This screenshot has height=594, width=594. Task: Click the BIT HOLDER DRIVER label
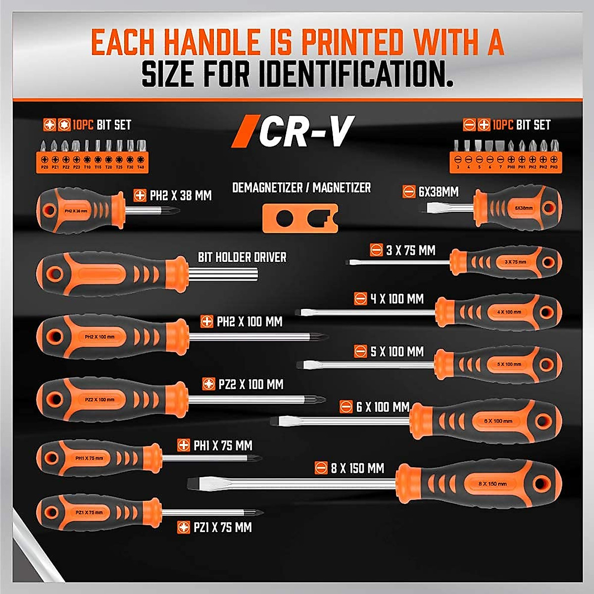(242, 257)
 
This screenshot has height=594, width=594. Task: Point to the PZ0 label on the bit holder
(45, 168)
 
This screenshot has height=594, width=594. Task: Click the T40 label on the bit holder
(141, 168)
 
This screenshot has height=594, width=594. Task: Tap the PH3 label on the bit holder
(554, 168)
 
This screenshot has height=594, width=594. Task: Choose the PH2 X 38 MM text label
(181, 196)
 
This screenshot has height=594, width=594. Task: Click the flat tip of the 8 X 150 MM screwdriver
(196, 483)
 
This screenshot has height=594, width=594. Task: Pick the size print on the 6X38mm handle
(524, 208)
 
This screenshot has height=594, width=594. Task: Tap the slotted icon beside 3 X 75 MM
(377, 250)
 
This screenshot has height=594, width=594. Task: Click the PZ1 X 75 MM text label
(223, 528)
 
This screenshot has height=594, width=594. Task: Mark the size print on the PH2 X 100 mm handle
(99, 337)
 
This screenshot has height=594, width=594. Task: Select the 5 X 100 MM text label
(397, 352)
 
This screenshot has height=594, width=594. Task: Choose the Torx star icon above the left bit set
(64, 125)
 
